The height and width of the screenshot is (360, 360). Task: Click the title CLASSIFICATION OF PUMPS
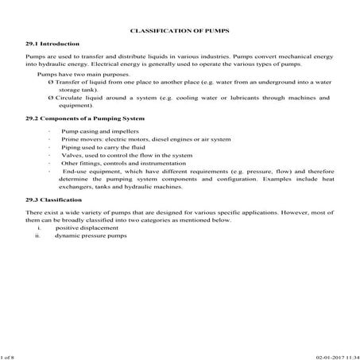179,31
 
